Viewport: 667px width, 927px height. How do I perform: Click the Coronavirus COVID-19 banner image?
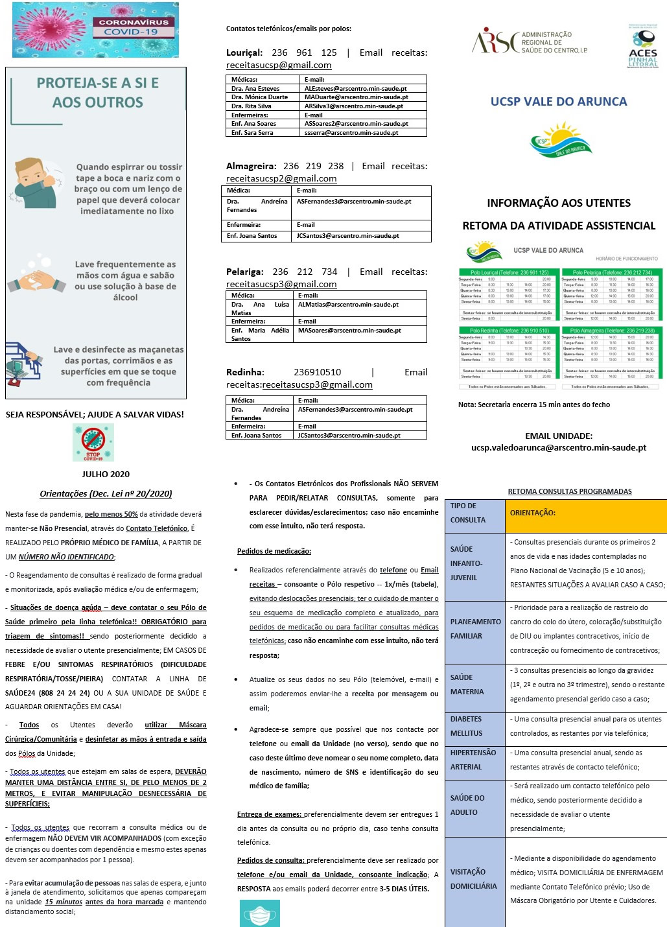pos(95,30)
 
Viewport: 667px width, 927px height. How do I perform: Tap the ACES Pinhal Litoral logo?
pos(643,47)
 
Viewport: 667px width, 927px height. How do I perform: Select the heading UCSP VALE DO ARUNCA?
pos(559,102)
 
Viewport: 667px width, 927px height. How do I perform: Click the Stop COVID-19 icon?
pos(93,443)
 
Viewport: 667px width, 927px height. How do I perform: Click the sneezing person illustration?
pos(36,183)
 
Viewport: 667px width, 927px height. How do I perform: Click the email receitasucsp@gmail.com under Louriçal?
pos(279,65)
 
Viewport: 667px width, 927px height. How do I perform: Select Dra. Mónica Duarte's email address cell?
pos(364,97)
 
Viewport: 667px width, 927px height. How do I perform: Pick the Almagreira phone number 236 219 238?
pos(313,167)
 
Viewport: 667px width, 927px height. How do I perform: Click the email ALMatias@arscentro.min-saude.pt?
pos(348,305)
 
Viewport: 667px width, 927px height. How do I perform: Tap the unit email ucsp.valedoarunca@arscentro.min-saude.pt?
pos(558,448)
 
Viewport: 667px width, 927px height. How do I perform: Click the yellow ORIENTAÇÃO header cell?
pos(585,513)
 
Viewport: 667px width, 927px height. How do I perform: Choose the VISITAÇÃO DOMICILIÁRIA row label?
pos(474,879)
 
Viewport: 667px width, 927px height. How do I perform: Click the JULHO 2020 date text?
pos(106,475)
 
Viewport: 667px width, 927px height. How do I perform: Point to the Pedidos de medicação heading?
pos(274,552)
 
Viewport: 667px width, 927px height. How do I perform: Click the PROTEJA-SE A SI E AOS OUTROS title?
pos(98,93)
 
